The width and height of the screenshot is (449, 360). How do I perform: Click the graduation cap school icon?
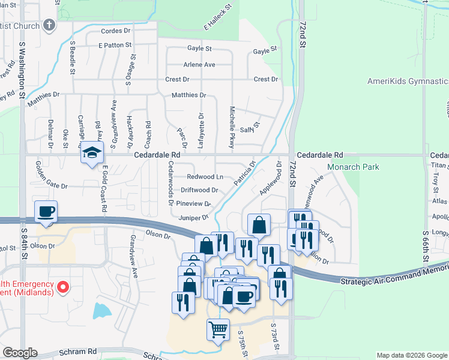[x=92, y=152]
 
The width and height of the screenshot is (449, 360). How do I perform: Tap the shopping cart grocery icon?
[x=218, y=329]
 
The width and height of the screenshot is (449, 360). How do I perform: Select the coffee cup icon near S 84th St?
[x=46, y=211]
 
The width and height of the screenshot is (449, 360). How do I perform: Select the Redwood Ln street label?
[x=205, y=177]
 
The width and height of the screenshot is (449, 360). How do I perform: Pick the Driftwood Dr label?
[x=199, y=190]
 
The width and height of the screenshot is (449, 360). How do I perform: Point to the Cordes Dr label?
[x=116, y=31]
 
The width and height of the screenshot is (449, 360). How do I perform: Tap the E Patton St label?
[x=115, y=45]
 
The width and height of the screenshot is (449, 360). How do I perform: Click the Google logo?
[x=20, y=353]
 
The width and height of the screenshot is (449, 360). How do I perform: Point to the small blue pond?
[x=101, y=311]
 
